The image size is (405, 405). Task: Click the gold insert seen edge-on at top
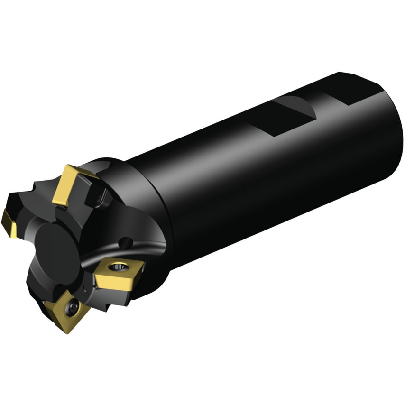(x=71, y=184)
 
